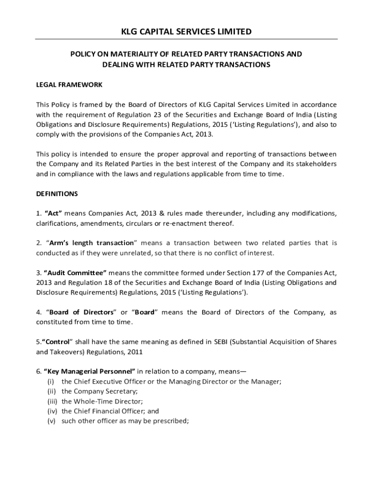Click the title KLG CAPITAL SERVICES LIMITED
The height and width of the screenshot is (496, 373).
pyautogui.click(x=186, y=32)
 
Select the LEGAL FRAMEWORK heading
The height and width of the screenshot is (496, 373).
pyautogui.click(x=69, y=84)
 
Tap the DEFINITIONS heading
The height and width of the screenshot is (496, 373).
pyautogui.click(x=57, y=194)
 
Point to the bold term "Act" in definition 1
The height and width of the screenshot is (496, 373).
pyautogui.click(x=53, y=214)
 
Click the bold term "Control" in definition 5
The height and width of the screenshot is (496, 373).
pyautogui.click(x=57, y=342)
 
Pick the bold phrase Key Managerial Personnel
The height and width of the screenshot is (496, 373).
pyautogui.click(x=90, y=372)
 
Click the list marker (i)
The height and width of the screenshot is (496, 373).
pyautogui.click(x=51, y=382)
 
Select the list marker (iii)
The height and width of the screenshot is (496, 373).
pyautogui.click(x=52, y=402)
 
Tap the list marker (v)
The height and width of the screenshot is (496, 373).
pyautogui.click(x=51, y=421)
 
